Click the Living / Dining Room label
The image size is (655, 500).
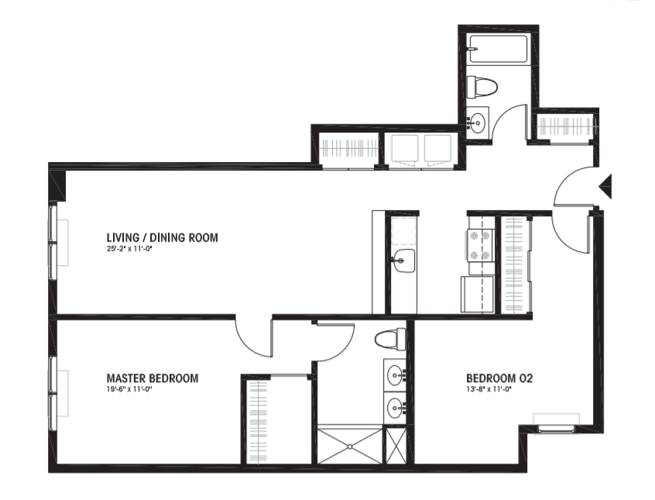pyautogui.click(x=162, y=238)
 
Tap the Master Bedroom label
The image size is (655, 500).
pyautogui.click(x=153, y=378)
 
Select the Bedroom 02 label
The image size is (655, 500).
pyautogui.click(x=499, y=378)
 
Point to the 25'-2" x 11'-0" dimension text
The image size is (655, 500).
pyautogui.click(x=128, y=249)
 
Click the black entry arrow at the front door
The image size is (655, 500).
pyautogui.click(x=605, y=186)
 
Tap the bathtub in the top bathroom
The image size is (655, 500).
pyautogui.click(x=499, y=49)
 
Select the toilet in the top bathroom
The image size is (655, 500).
pyautogui.click(x=482, y=88)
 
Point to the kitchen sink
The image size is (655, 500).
pyautogui.click(x=403, y=260)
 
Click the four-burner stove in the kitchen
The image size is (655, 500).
pyautogui.click(x=481, y=245)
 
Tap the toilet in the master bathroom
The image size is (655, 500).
pyautogui.click(x=390, y=339)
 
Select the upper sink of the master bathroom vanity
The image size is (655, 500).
pyautogui.click(x=395, y=374)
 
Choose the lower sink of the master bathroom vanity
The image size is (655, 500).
pyautogui.click(x=395, y=407)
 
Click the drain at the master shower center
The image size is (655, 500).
pyautogui.click(x=350, y=447)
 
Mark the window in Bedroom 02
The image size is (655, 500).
pyautogui.click(x=556, y=429)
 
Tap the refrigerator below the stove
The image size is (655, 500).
pyautogui.click(x=478, y=294)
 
